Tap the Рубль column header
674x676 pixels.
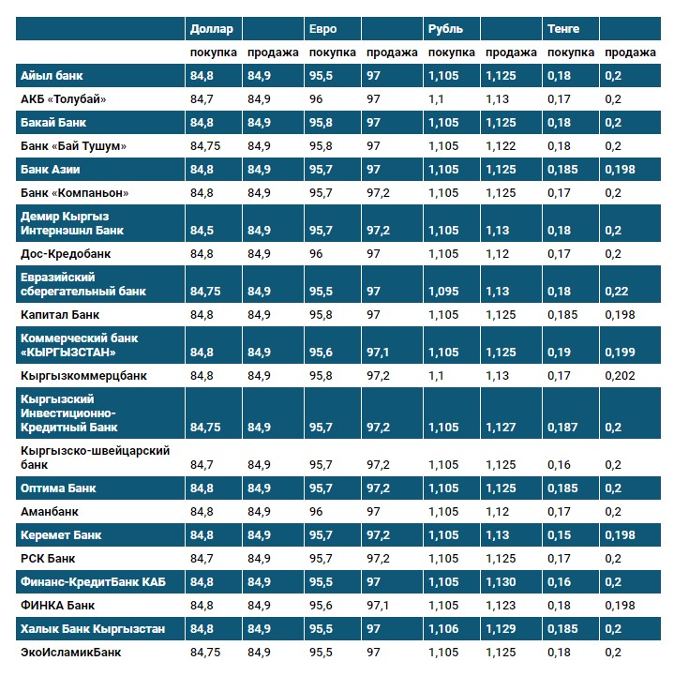click(x=445, y=29)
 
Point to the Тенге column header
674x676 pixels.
click(x=564, y=29)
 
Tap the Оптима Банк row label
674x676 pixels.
click(x=58, y=488)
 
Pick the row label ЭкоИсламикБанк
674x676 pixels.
click(x=70, y=652)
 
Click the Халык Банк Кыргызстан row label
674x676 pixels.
click(x=93, y=628)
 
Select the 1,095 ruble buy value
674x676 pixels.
click(x=443, y=292)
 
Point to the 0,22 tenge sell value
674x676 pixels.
click(x=617, y=292)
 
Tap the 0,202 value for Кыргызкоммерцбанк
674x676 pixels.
click(x=620, y=375)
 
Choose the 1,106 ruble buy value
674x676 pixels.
click(x=443, y=628)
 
